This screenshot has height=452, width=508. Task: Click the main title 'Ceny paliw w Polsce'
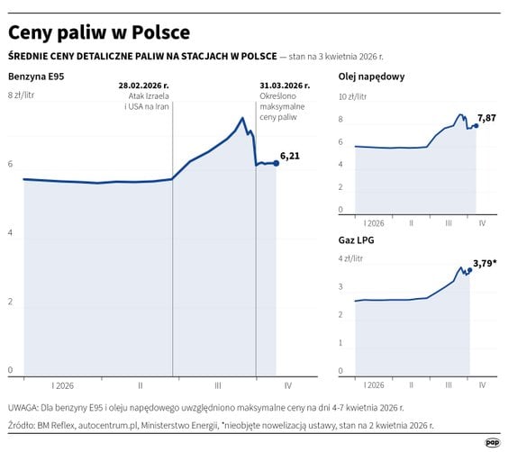coord(99,32)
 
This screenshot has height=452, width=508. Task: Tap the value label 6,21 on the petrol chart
coord(290,156)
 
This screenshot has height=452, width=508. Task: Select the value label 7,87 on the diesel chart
coord(485,118)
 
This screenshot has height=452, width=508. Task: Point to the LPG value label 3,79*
coord(486,264)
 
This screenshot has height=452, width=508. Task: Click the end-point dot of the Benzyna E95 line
coord(276,163)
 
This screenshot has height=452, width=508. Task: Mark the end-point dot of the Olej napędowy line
coord(476,125)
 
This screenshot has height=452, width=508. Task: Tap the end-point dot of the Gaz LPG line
coord(470,270)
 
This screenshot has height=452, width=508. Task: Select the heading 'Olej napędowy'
coord(371,77)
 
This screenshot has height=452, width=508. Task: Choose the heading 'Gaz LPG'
coord(357,240)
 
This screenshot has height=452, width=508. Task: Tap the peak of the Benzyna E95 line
coord(241,118)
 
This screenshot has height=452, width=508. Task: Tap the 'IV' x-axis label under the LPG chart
coord(482,384)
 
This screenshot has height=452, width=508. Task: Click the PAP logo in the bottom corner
coord(492,441)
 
